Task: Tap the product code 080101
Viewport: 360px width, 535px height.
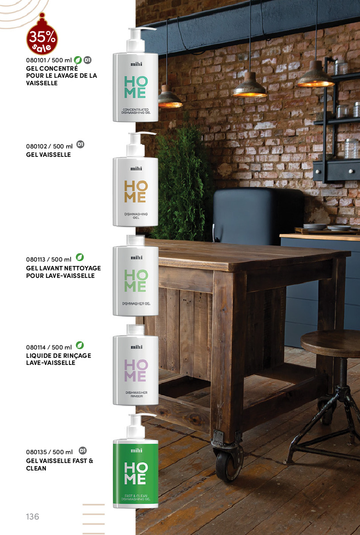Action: pyautogui.click(x=36, y=60)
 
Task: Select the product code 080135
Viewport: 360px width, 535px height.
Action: pyautogui.click(x=36, y=452)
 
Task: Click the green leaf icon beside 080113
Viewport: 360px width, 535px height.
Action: pyautogui.click(x=80, y=257)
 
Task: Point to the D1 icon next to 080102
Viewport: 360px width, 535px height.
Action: pyautogui.click(x=80, y=144)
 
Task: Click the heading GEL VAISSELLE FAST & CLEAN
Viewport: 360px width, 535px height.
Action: pyautogui.click(x=60, y=464)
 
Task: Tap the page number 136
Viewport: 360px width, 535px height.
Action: pyautogui.click(x=33, y=516)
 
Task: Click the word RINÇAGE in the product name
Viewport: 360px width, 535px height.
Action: pyautogui.click(x=76, y=356)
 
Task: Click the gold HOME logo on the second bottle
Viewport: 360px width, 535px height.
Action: pyautogui.click(x=136, y=192)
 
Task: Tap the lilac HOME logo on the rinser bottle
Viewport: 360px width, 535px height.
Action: pyautogui.click(x=136, y=371)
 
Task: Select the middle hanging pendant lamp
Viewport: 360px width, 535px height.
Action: pyautogui.click(x=250, y=86)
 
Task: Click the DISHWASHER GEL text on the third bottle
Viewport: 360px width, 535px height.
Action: pyautogui.click(x=136, y=304)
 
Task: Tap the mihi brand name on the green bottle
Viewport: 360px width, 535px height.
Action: pyautogui.click(x=136, y=451)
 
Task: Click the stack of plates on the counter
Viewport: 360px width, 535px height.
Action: pyautogui.click(x=315, y=226)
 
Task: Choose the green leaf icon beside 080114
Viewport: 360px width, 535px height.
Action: pyautogui.click(x=80, y=345)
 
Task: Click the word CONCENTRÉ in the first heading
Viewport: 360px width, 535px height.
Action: pyautogui.click(x=59, y=68)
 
